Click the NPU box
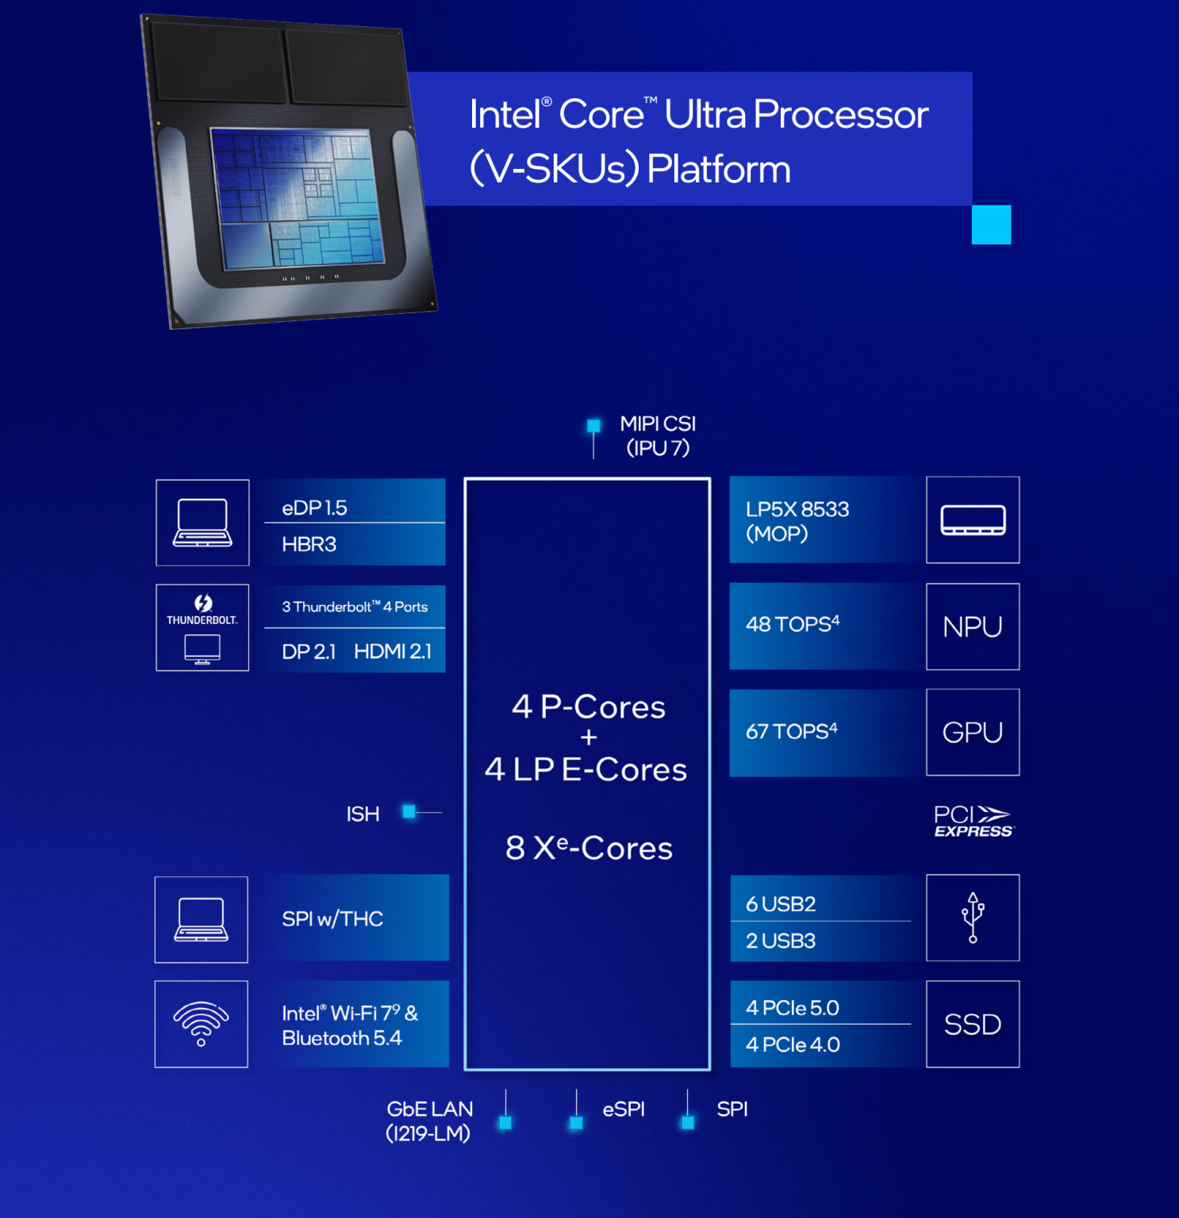[973, 626]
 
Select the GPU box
[973, 732]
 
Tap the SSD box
[973, 1025]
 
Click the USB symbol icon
[973, 917]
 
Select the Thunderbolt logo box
[202, 627]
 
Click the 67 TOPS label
[791, 731]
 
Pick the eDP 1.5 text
[314, 508]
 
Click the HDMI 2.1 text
[393, 652]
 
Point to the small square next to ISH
[409, 811]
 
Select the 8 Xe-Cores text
[589, 848]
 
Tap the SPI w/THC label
[332, 918]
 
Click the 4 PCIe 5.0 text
[792, 1008]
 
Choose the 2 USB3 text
[781, 940]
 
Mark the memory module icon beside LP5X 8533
[973, 520]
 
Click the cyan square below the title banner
[991, 224]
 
